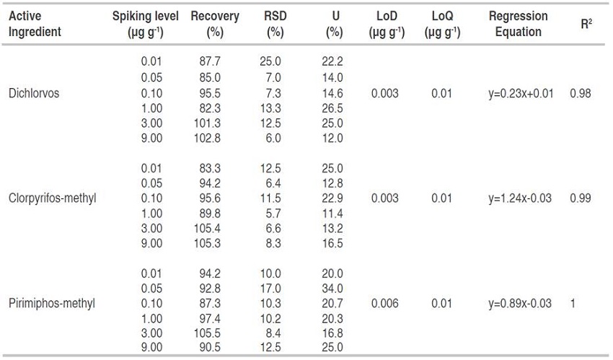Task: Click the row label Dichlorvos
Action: [34, 93]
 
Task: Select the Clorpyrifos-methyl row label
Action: [52, 198]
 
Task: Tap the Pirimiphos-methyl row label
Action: [51, 304]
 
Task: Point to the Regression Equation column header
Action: [518, 24]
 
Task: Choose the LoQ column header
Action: [441, 24]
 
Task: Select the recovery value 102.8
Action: [210, 139]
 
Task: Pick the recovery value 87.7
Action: [211, 63]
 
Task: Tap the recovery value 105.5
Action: [210, 334]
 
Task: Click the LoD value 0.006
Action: [384, 304]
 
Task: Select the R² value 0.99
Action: [581, 198]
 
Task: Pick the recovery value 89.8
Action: [211, 214]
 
